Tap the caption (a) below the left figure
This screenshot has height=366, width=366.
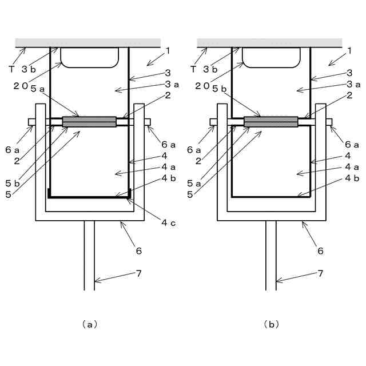pyautogui.click(x=89, y=324)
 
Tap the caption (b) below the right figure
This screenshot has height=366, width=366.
pyautogui.click(x=270, y=324)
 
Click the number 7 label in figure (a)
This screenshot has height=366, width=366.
pyautogui.click(x=138, y=273)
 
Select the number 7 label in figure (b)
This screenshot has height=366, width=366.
pyautogui.click(x=320, y=273)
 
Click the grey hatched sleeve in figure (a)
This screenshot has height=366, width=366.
pyautogui.click(x=89, y=122)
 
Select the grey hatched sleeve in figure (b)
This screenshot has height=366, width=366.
pyautogui.click(x=270, y=121)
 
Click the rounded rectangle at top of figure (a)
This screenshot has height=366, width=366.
pyautogui.click(x=89, y=58)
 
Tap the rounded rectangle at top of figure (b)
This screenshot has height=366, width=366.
pyautogui.click(x=271, y=58)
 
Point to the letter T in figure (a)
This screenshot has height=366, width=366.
pyautogui.click(x=11, y=69)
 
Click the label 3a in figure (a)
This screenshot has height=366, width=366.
pyautogui.click(x=172, y=85)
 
